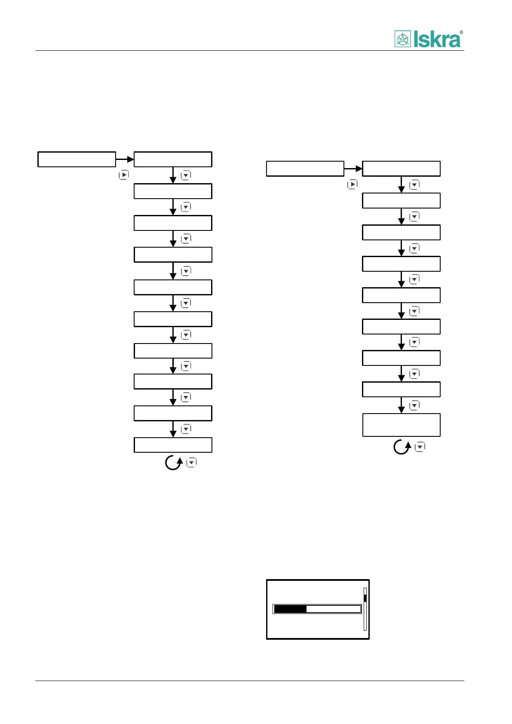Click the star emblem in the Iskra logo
pos(403,39)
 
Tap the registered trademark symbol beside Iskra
pos(461,32)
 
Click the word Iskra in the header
pos(437,40)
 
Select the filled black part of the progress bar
pos(290,609)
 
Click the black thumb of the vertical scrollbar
pos(365,598)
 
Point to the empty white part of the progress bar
pos(333,609)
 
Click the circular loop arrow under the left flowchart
pos(174,463)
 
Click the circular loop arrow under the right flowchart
pos(402,447)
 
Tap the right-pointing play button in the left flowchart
pos(123,175)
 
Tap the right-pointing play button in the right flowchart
pos(352,184)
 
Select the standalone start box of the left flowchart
pos(77,159)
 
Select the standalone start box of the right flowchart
pos(305,169)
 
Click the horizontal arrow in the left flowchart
pos(125,160)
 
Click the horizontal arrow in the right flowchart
pos(353,169)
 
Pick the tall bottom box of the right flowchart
pos(401,425)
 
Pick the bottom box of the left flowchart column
pos(173,445)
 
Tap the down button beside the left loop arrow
pos(191,463)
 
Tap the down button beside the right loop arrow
pos(420,447)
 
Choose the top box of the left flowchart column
pos(173,159)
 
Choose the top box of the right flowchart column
pos(401,169)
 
